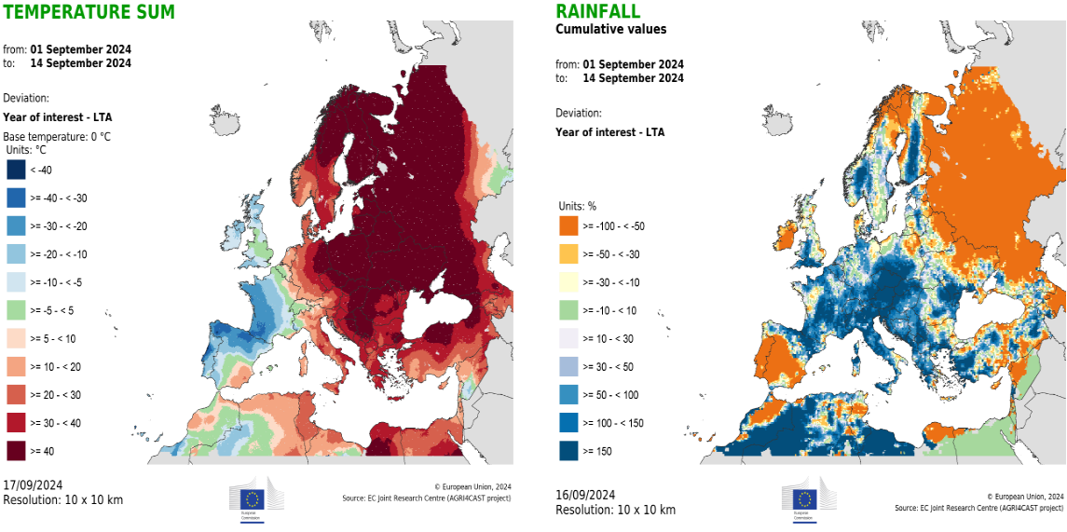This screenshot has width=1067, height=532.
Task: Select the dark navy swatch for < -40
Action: coord(16,169)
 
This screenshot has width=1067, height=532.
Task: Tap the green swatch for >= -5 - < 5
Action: coord(16,310)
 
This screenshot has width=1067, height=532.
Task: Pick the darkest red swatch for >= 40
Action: coord(16,451)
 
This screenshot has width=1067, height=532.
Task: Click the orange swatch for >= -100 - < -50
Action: coord(568,225)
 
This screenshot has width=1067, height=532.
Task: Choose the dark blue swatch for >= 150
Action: coord(568,451)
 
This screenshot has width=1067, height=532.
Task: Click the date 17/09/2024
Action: coord(33,485)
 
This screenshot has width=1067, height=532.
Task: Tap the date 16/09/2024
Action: coord(585,495)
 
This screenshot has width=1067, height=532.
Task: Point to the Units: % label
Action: coord(577,206)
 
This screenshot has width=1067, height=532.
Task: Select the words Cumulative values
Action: coord(610,29)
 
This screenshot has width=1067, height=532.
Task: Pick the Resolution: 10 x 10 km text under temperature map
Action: coord(62,500)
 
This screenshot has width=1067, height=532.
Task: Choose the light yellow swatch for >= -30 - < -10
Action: coord(568,282)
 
